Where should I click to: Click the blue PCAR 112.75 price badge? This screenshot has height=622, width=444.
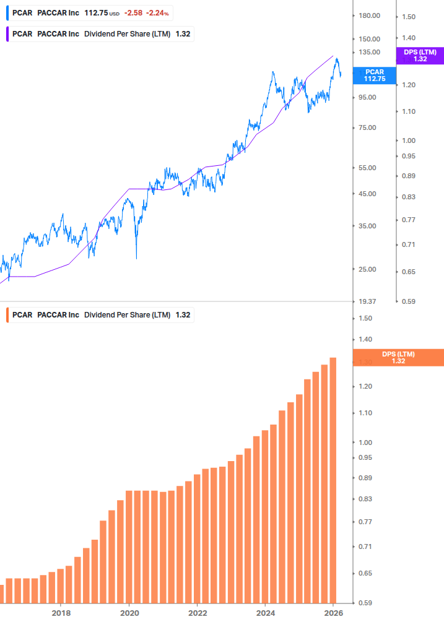point(374,76)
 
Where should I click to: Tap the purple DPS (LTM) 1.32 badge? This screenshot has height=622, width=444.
point(420,56)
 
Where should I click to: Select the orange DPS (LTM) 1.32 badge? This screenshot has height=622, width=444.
point(398,357)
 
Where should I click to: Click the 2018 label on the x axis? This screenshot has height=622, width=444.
point(61,613)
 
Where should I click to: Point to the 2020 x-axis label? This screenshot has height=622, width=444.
point(129,613)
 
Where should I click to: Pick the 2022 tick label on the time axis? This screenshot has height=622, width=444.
point(197,613)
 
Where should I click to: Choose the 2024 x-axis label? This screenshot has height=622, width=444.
point(265,613)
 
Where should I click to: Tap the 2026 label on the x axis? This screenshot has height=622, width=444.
point(333,613)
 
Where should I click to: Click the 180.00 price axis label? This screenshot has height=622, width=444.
point(369,15)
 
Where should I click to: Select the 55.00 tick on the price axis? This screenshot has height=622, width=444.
point(369,168)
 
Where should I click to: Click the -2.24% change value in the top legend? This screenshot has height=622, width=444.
point(157,12)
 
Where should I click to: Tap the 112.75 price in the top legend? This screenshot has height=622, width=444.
point(95,12)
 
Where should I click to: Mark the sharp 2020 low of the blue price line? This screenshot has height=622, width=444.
point(136,258)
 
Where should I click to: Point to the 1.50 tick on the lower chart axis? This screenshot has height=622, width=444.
point(365,318)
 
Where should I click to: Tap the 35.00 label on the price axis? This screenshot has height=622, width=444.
point(369,226)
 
